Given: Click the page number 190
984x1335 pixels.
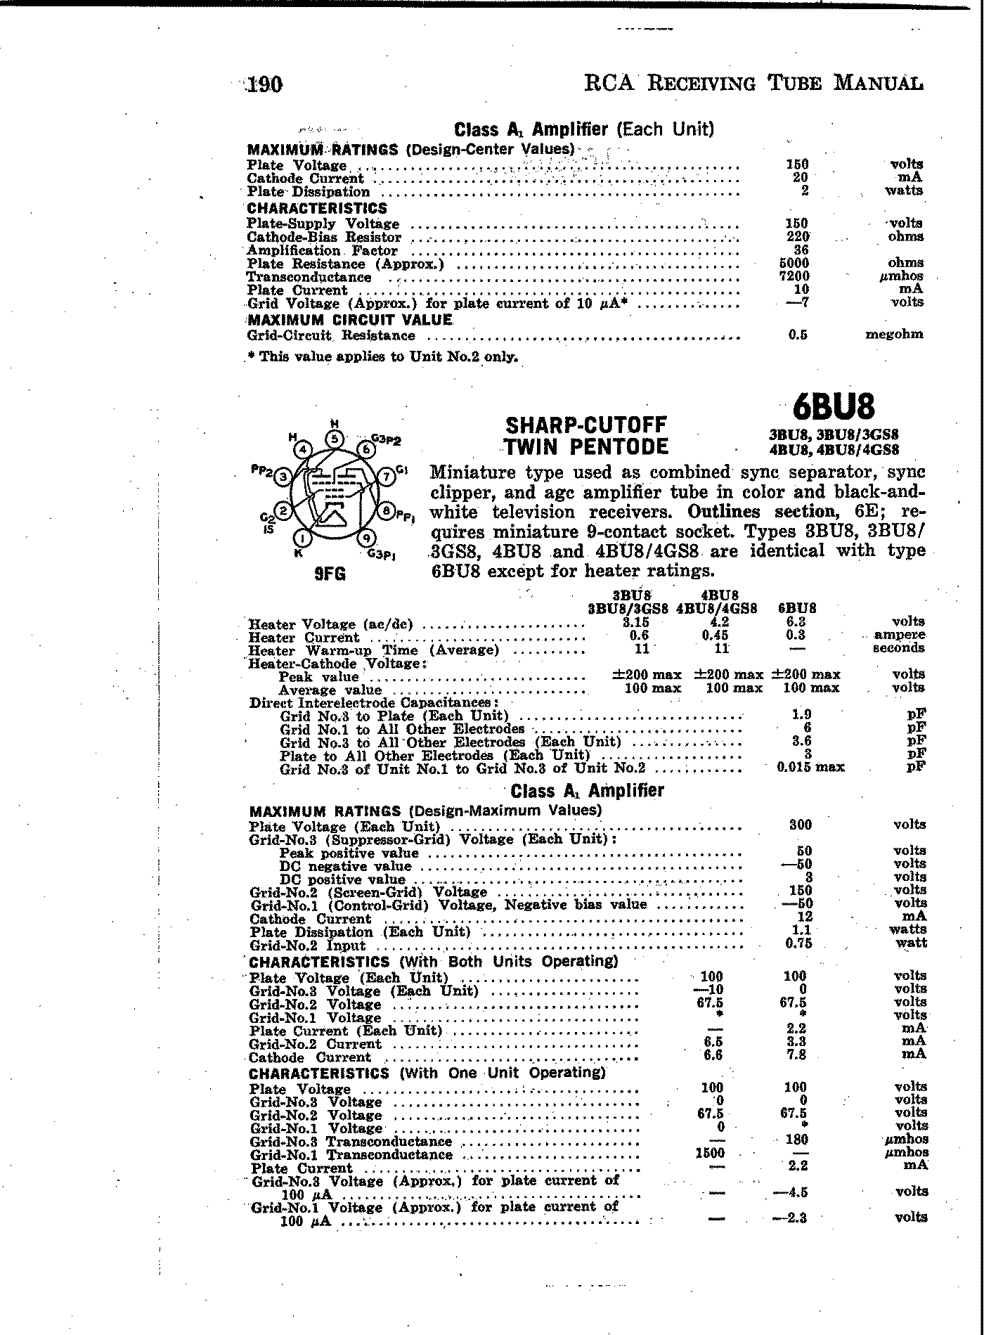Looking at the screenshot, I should pyautogui.click(x=264, y=85).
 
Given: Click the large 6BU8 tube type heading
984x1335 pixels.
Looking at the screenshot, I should pyautogui.click(x=834, y=406).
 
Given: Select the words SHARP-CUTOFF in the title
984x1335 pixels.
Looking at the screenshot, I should pyautogui.click(x=585, y=425).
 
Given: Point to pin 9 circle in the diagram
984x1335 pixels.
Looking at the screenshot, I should pyautogui.click(x=365, y=539).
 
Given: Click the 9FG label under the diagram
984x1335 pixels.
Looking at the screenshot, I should pyautogui.click(x=330, y=574).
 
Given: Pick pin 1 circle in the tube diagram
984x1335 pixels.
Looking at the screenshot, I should pyautogui.click(x=302, y=539).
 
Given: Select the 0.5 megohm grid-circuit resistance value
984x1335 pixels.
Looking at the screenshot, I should pyautogui.click(x=797, y=335).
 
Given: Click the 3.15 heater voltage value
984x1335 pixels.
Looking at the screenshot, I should pyautogui.click(x=635, y=623).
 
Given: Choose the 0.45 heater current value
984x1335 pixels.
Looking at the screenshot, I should pyautogui.click(x=715, y=636).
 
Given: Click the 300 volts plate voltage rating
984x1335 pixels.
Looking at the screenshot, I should pyautogui.click(x=800, y=825).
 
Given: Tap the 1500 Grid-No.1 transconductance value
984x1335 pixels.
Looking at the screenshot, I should pyautogui.click(x=711, y=1153).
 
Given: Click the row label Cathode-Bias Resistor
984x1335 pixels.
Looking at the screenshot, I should pyautogui.click(x=324, y=238).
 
